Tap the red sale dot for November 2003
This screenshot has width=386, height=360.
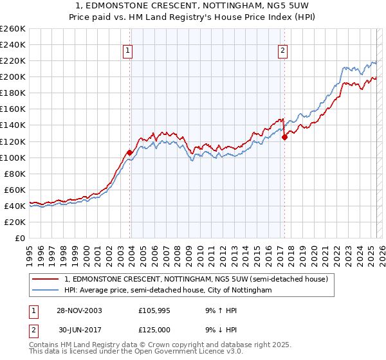pos(130,152)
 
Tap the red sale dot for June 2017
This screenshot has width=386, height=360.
pos(284,137)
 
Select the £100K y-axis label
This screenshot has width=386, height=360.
pos(13,157)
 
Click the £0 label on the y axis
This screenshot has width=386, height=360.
pos(20,238)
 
